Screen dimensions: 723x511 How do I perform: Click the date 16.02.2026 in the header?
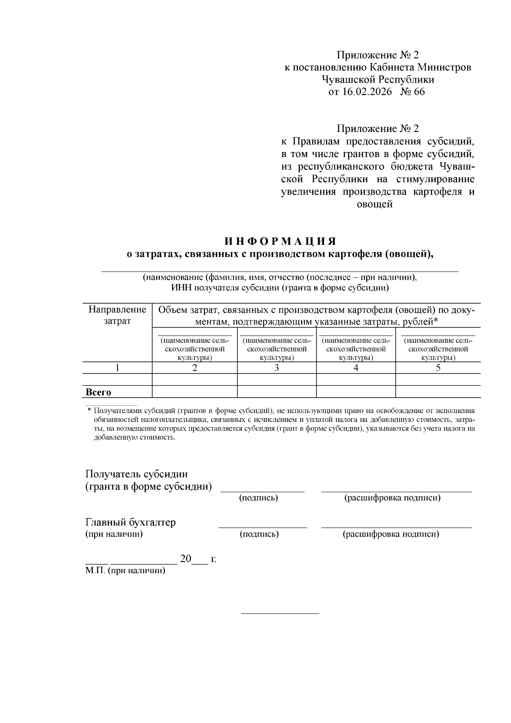tap(367, 92)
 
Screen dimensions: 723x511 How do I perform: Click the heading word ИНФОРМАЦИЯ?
tap(281, 241)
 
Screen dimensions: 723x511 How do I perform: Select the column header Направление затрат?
tap(117, 315)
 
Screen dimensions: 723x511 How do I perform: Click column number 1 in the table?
tap(117, 368)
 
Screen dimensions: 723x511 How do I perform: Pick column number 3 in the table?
tap(276, 368)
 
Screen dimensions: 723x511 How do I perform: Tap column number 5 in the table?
tap(438, 368)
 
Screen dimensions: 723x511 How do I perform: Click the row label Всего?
tap(98, 392)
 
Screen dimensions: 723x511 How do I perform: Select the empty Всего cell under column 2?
tap(194, 392)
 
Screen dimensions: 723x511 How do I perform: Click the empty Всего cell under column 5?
tap(438, 392)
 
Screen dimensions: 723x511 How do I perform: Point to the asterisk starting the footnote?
tap(89, 410)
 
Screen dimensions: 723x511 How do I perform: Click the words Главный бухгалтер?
tap(130, 522)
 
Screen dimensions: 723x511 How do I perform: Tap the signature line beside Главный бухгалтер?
tap(262, 527)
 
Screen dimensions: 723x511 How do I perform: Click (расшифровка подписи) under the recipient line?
tap(392, 498)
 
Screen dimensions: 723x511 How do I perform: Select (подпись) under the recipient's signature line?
tap(258, 498)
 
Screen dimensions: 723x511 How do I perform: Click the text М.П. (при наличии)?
tap(125, 571)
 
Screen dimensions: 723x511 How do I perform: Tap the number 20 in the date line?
tap(186, 559)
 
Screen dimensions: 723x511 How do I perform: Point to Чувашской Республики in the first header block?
tap(378, 80)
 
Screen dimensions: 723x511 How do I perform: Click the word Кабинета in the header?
tap(391, 67)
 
